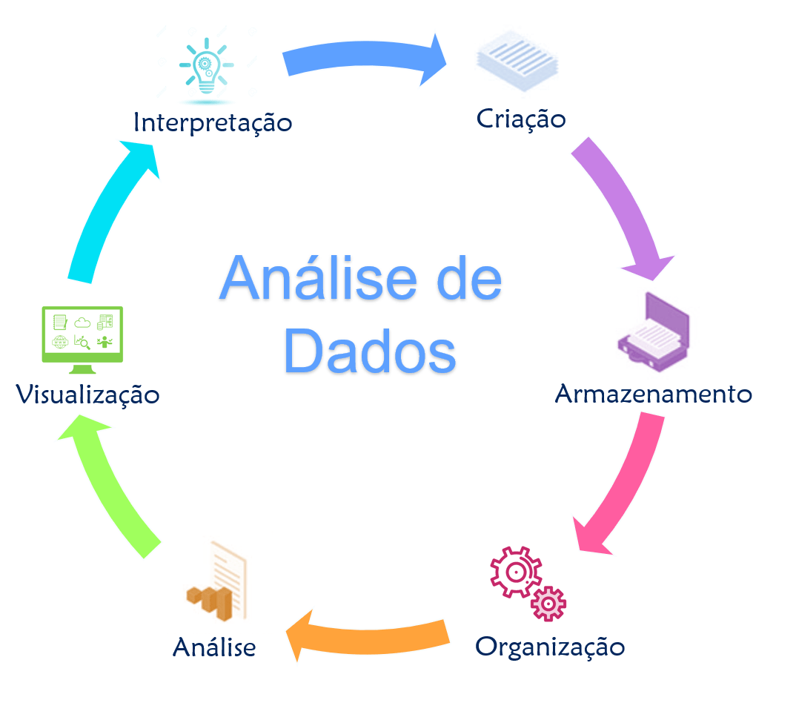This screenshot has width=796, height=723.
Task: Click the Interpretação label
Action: [213, 123]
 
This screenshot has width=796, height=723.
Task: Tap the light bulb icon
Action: [206, 66]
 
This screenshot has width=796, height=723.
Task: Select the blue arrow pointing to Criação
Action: [363, 57]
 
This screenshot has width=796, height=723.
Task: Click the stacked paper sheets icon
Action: [517, 61]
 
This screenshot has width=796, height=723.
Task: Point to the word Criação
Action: [521, 119]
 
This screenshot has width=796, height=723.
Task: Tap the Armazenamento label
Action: [654, 394]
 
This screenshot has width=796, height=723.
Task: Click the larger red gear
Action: [516, 572]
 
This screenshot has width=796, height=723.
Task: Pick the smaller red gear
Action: [548, 604]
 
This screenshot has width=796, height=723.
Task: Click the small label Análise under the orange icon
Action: [214, 647]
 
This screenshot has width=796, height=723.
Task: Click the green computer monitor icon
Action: [82, 340]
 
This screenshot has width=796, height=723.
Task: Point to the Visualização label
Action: [87, 394]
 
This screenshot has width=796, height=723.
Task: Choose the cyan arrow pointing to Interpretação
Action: [113, 211]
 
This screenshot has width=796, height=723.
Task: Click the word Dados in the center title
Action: [370, 351]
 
